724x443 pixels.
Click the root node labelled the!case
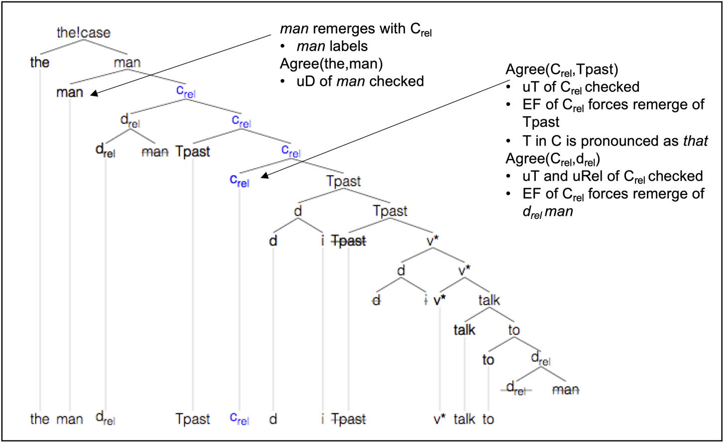tap(84, 33)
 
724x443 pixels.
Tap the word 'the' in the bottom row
tap(40, 419)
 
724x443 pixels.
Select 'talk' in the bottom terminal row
tap(464, 419)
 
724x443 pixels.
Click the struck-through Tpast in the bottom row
tap(348, 419)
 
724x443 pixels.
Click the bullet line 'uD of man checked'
tap(359, 81)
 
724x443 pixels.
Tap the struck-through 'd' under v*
tap(377, 301)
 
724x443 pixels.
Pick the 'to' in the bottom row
tap(488, 419)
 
